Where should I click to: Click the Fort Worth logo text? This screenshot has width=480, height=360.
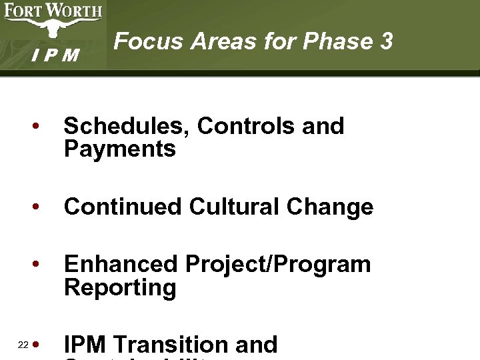pyautogui.click(x=53, y=11)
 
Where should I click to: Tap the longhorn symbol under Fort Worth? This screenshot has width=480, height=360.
pyautogui.click(x=53, y=28)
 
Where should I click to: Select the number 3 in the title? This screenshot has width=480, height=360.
pyautogui.click(x=385, y=41)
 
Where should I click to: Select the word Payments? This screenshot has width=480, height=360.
pyautogui.click(x=120, y=149)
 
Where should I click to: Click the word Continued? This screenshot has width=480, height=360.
pyautogui.click(x=123, y=207)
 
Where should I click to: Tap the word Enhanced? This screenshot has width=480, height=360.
pyautogui.click(x=121, y=264)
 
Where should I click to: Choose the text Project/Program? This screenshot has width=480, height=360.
pyautogui.click(x=278, y=265)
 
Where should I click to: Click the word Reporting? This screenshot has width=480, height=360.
pyautogui.click(x=120, y=287)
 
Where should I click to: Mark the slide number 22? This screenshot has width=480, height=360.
pyautogui.click(x=23, y=345)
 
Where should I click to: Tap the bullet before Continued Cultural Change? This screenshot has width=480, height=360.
pyautogui.click(x=41, y=207)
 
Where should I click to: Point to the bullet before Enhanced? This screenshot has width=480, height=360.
pyautogui.click(x=41, y=265)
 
